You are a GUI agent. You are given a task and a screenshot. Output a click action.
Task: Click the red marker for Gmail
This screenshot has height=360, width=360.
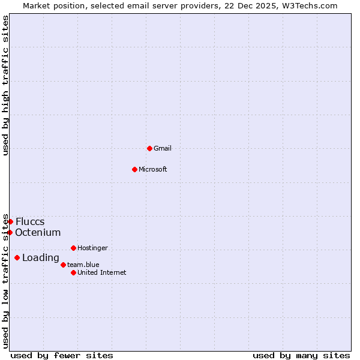[x=149, y=148]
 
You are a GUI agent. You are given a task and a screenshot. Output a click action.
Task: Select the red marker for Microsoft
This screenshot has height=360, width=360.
[x=134, y=169]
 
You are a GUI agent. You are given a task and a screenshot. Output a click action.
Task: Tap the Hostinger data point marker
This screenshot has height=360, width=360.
[x=73, y=248]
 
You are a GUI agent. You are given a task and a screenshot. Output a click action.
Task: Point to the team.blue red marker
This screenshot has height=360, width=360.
[x=63, y=265]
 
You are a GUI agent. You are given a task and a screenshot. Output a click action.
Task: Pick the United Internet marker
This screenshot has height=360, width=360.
[x=73, y=272]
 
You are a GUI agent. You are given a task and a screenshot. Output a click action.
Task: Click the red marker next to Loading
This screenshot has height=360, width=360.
[x=17, y=258]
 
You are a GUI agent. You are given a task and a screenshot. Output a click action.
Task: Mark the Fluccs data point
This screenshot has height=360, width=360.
[x=10, y=221]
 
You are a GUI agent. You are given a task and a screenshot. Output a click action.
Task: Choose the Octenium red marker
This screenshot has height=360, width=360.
[x=10, y=232]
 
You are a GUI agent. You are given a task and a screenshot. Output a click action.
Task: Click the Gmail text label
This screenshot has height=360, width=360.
[x=163, y=148]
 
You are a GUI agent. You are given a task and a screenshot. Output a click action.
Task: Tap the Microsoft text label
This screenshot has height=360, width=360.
[x=152, y=169]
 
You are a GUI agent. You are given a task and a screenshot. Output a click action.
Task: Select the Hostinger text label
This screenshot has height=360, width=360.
[x=92, y=248]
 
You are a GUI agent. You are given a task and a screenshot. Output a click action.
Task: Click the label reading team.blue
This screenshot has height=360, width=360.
[x=83, y=265]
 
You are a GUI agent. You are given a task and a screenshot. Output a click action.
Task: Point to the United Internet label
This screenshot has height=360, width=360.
[x=101, y=272]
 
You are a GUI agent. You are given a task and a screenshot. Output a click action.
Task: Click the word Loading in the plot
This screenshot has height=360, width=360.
[x=40, y=258]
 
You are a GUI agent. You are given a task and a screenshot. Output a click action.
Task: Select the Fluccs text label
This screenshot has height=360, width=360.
[x=30, y=221]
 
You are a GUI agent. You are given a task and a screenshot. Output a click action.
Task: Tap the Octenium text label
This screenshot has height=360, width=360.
[x=38, y=232]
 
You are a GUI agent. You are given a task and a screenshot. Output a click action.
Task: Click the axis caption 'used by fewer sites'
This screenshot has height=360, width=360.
[x=62, y=355]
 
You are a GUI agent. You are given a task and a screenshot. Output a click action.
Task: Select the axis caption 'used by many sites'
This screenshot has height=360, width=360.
[x=301, y=355]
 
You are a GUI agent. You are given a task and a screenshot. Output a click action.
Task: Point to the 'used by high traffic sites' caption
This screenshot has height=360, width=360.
[x=5, y=85]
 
